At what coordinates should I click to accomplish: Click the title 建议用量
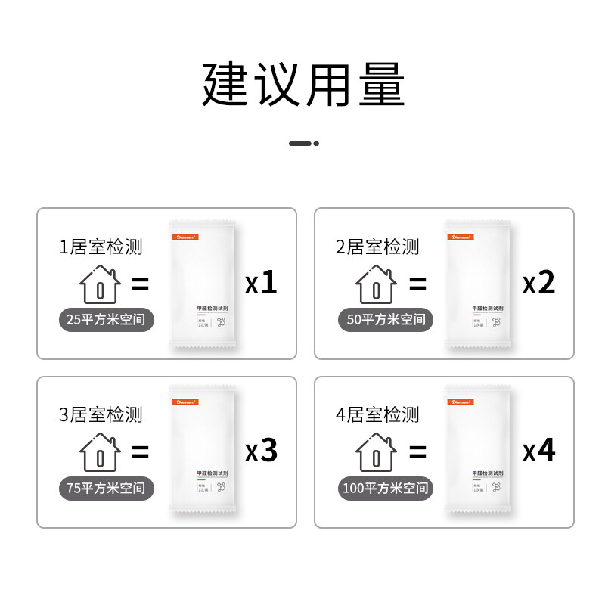(303, 85)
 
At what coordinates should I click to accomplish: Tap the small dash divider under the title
(303, 143)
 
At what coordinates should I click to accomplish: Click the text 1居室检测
(101, 247)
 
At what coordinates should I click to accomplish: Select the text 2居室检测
(377, 247)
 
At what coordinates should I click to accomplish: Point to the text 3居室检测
(101, 414)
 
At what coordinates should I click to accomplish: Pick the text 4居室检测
(377, 414)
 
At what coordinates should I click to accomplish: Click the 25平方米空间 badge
(107, 320)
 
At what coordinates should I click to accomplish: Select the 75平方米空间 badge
(107, 488)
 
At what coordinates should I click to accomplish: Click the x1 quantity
(262, 284)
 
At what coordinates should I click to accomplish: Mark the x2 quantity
(539, 284)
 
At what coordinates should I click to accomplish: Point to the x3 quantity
(262, 451)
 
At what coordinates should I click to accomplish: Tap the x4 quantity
(539, 451)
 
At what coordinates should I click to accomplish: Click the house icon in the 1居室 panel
(100, 284)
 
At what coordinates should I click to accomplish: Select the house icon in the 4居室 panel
(377, 452)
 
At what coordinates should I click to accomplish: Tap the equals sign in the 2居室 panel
(417, 284)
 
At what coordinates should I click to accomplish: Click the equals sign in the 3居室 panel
(140, 452)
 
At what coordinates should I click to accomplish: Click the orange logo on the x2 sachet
(460, 235)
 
